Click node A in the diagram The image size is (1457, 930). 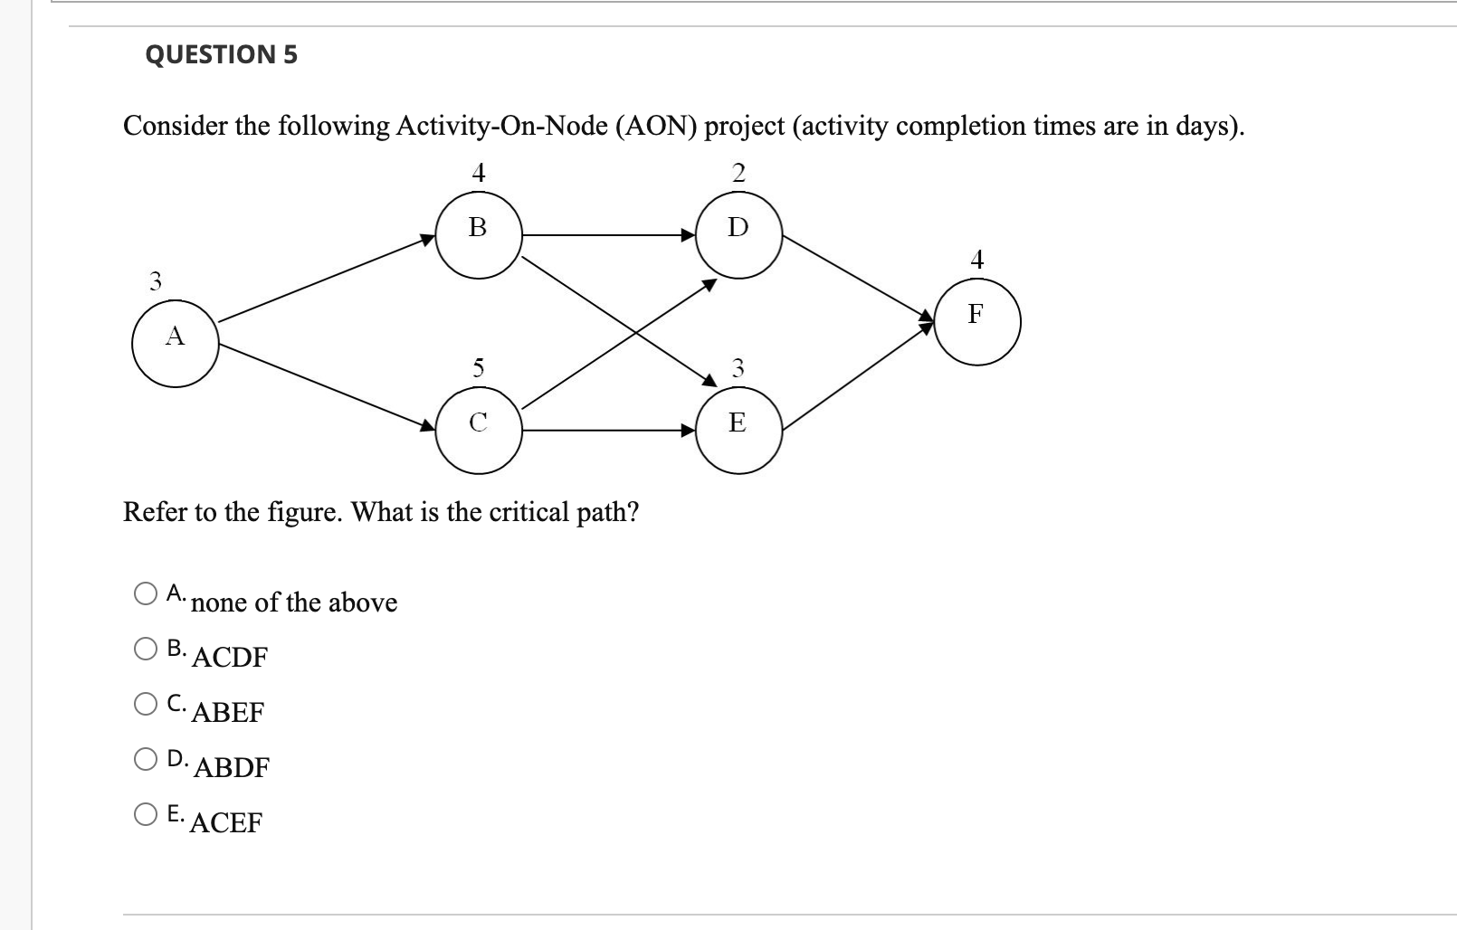click(x=175, y=345)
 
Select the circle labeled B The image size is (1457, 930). click(x=479, y=235)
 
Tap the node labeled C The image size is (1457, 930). click(x=479, y=431)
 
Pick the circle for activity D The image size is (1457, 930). click(x=738, y=235)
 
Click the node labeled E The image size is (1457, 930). click(x=738, y=431)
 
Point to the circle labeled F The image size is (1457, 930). click(x=976, y=322)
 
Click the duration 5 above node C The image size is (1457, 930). click(x=478, y=367)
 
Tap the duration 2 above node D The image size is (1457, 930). click(x=738, y=173)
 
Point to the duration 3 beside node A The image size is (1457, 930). click(x=156, y=281)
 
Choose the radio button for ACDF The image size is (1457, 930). click(x=146, y=649)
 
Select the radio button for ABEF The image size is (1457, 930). click(x=146, y=704)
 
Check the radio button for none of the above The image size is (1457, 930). click(x=146, y=593)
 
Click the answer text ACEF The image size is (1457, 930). click(x=226, y=822)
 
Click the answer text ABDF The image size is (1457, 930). click(x=232, y=767)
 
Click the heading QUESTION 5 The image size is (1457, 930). click(x=221, y=54)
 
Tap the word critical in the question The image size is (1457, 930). click(x=529, y=512)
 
